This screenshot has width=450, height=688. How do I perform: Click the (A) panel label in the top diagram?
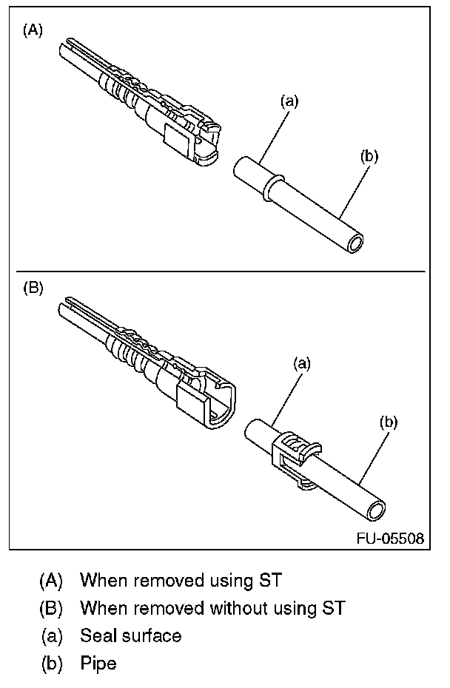[x=33, y=30]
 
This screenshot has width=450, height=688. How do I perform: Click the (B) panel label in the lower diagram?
[x=33, y=289]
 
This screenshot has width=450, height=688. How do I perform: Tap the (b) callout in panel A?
[x=369, y=156]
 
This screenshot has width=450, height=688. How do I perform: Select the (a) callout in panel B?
[x=301, y=363]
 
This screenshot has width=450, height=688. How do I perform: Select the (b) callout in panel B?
[x=389, y=422]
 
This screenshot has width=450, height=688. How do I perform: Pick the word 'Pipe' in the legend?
[x=98, y=663]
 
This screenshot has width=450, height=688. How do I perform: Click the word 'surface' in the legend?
[x=152, y=635]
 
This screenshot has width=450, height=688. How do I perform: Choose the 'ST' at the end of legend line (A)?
[x=270, y=580]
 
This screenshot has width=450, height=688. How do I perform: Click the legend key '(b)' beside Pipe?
[x=53, y=663]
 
